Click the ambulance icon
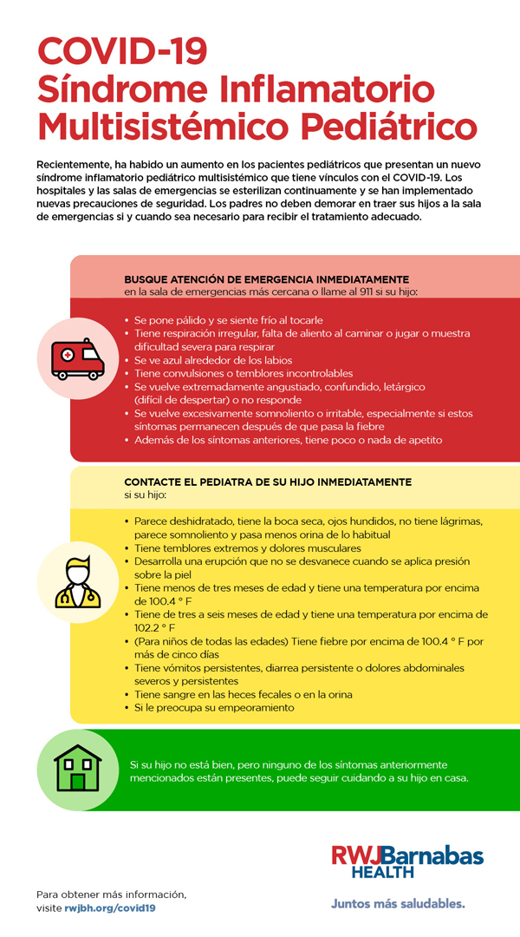77,358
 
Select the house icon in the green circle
77,769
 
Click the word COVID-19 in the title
122,51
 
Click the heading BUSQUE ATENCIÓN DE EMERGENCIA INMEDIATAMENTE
266,279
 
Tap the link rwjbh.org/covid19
110,908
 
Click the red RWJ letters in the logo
358,855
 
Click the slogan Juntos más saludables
398,903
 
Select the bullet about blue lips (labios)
213,360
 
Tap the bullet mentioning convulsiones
231,373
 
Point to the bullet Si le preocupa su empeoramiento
214,708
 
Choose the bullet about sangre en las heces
243,695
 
